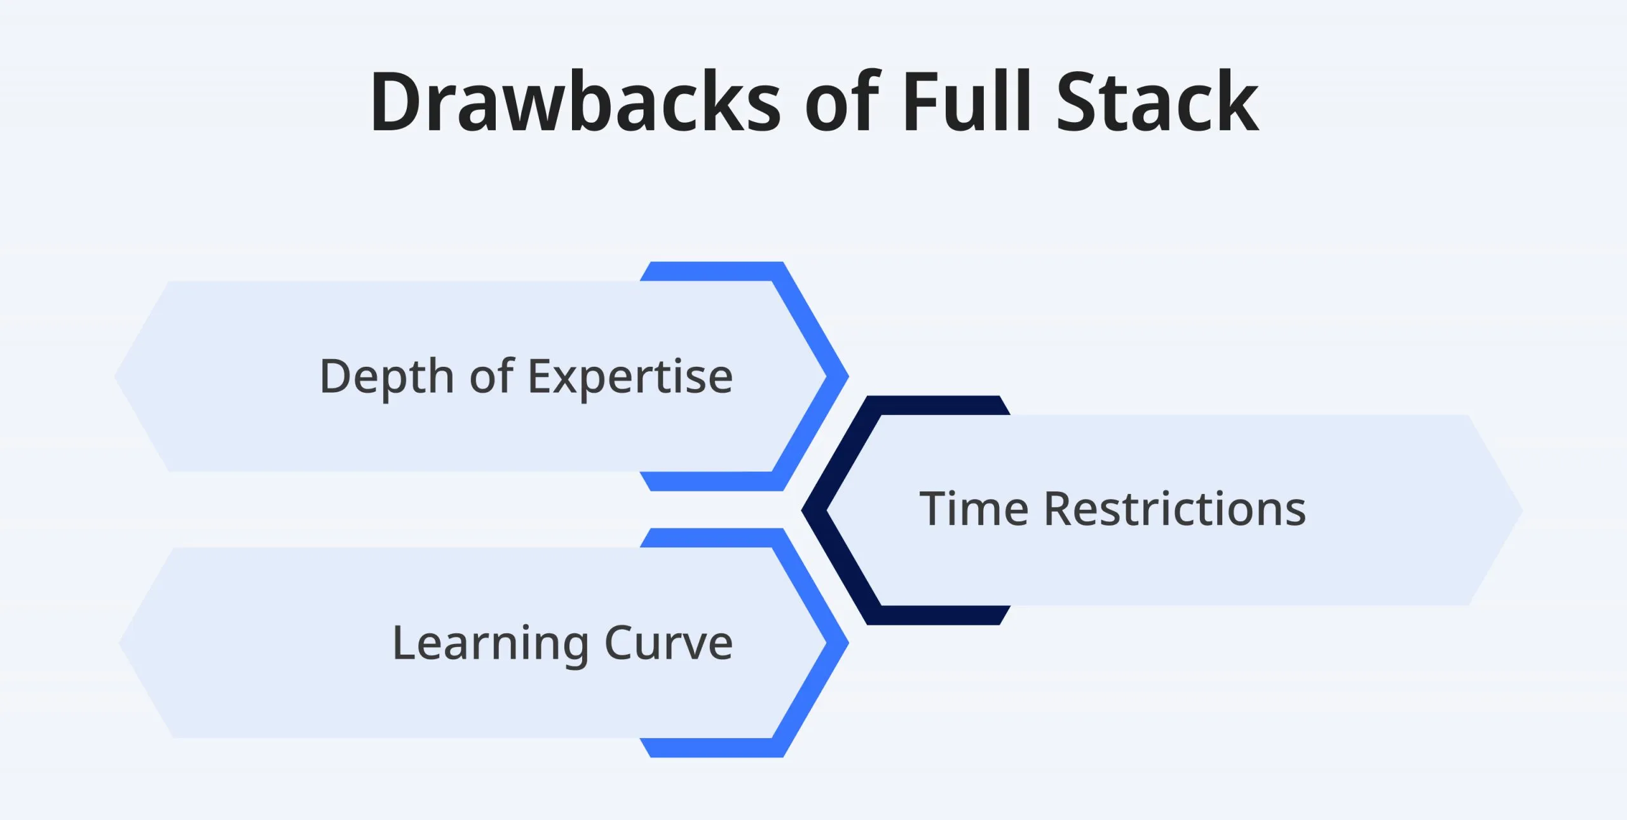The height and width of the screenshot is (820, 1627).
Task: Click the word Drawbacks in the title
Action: (x=575, y=102)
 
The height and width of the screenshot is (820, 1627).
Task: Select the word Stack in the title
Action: (x=1157, y=102)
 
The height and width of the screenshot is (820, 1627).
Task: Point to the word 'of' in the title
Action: (x=842, y=102)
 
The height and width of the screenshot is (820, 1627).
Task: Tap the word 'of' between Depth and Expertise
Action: (x=491, y=376)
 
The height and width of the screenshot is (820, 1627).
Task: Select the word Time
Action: (x=974, y=509)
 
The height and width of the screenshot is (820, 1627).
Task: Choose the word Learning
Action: (x=491, y=644)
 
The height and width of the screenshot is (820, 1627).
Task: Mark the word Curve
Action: (x=669, y=643)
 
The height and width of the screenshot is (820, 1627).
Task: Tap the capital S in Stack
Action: (x=1080, y=102)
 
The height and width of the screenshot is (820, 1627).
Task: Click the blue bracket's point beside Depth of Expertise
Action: (x=838, y=376)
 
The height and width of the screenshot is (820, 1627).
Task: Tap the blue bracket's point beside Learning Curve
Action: (x=838, y=643)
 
